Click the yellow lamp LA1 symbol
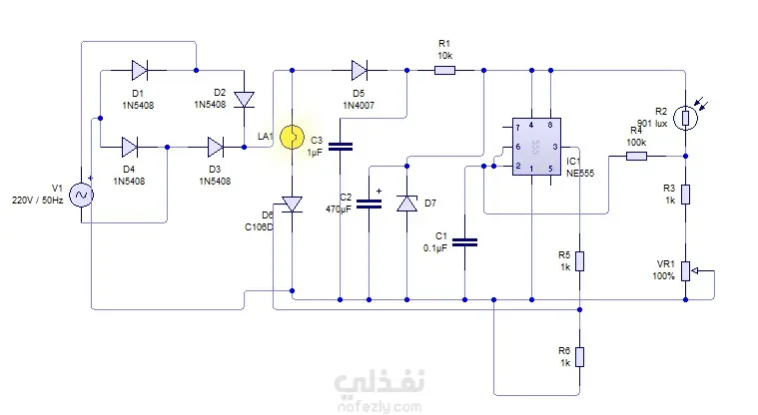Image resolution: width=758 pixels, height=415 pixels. tap(292, 137)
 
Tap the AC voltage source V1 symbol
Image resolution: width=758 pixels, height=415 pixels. tap(81, 196)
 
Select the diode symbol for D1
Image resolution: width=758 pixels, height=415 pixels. tap(139, 70)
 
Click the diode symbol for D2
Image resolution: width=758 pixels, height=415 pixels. tap(244, 100)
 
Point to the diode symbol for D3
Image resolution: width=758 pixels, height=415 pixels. tap(215, 147)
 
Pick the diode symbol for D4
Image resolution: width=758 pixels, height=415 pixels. tap(129, 147)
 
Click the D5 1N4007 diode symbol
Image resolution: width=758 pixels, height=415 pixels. tap(360, 70)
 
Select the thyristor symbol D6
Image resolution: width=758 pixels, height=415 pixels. tap(292, 205)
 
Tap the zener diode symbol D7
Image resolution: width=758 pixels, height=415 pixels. tap(407, 204)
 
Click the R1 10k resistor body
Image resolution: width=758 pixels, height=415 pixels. tap(444, 71)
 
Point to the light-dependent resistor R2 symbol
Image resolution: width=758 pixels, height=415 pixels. tap(685, 118)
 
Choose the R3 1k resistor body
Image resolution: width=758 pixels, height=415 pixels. tap(685, 195)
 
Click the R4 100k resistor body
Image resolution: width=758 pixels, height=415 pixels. tap(637, 156)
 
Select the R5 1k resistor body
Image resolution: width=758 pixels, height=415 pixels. tap(579, 261)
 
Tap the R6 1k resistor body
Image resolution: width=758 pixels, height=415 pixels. tap(579, 357)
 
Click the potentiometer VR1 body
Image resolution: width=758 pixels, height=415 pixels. tap(685, 271)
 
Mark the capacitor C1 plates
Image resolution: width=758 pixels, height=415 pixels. tap(465, 242)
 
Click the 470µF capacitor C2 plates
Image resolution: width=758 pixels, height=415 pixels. tap(369, 205)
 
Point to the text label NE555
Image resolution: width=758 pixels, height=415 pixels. tap(580, 174)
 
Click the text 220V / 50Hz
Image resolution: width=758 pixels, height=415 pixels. tap(37, 200)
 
